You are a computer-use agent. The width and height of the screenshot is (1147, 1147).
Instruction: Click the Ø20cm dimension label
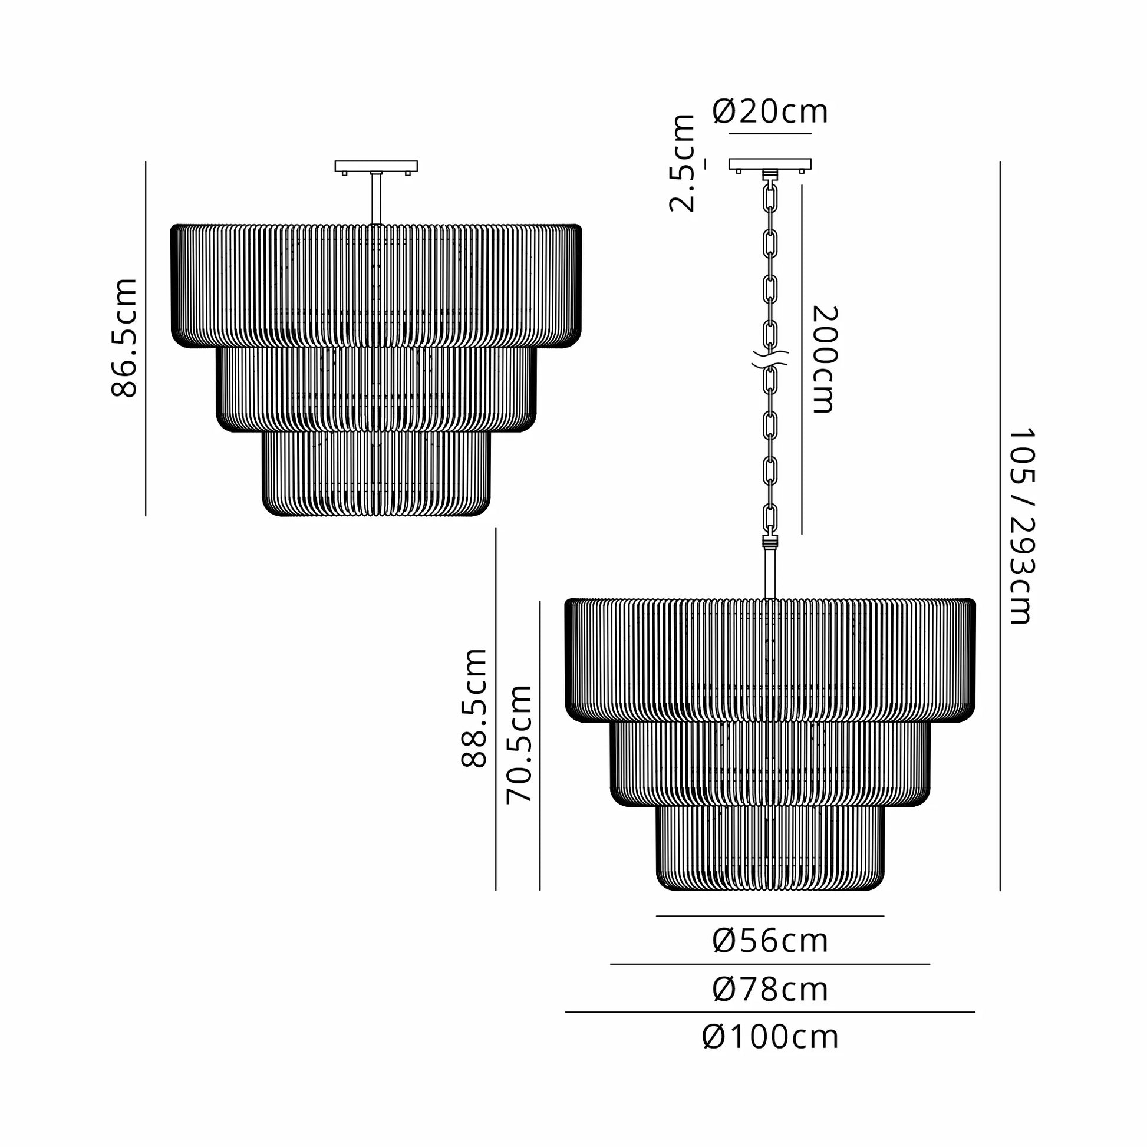point(769,111)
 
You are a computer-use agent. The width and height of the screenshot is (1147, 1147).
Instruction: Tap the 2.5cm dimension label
point(682,163)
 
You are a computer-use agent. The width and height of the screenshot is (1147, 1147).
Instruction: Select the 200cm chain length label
point(824,359)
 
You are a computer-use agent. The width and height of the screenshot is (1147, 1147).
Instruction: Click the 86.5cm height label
point(124,337)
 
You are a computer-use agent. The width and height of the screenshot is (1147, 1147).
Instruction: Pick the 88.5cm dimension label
point(474,708)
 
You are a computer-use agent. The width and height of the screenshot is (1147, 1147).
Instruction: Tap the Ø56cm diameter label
point(770,941)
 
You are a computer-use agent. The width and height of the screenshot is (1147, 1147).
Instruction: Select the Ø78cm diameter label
point(770,989)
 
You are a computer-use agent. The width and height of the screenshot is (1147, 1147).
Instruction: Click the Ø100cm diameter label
point(770,1037)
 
